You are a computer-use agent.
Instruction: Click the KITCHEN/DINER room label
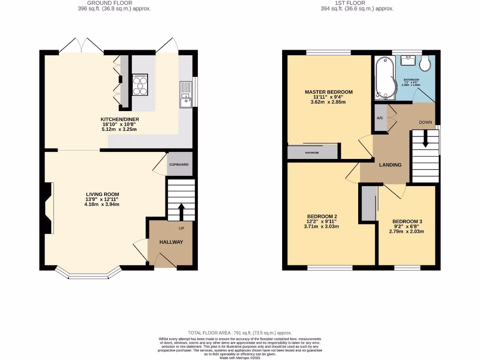point(120,119)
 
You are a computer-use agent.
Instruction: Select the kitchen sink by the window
point(186,94)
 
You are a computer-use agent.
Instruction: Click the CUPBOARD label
point(179,165)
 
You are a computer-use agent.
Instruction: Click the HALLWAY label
point(171,242)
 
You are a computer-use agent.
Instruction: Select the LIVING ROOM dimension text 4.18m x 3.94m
point(102,204)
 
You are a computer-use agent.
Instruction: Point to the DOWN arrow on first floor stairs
point(425,140)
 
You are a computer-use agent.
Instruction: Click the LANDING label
point(390,165)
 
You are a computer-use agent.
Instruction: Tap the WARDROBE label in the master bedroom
point(312,153)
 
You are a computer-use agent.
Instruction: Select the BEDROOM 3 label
point(407,221)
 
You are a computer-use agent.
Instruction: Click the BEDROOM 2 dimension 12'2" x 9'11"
point(321,222)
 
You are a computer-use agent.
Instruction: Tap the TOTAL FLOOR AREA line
point(240,332)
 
